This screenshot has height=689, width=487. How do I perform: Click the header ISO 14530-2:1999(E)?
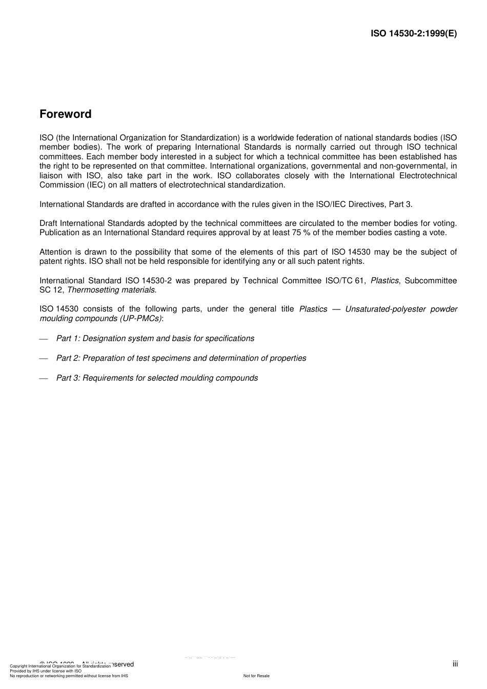point(413,34)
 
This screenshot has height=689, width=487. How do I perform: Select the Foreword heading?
point(66,114)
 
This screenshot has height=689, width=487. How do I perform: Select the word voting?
point(445,223)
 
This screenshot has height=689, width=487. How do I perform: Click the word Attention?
point(56,252)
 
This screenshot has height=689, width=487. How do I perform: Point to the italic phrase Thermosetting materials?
point(112,290)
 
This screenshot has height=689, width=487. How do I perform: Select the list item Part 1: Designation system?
point(155,339)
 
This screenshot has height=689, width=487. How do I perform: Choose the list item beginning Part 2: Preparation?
point(181,358)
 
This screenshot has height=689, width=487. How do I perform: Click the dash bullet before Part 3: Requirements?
point(44,379)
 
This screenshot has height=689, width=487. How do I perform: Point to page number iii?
point(455,664)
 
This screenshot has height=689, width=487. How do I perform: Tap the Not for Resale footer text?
point(256,676)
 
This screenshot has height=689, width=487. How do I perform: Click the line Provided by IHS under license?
point(46,671)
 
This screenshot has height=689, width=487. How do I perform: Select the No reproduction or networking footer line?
point(69,676)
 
